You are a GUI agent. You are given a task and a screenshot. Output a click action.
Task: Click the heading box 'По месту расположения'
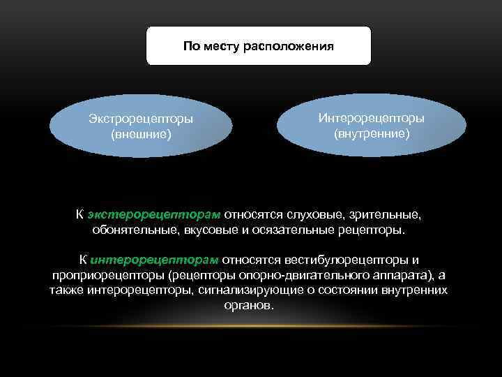(259, 46)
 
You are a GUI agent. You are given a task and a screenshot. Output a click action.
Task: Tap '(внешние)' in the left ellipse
(141, 133)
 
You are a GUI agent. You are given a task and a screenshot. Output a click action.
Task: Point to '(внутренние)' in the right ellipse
(371, 131)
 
